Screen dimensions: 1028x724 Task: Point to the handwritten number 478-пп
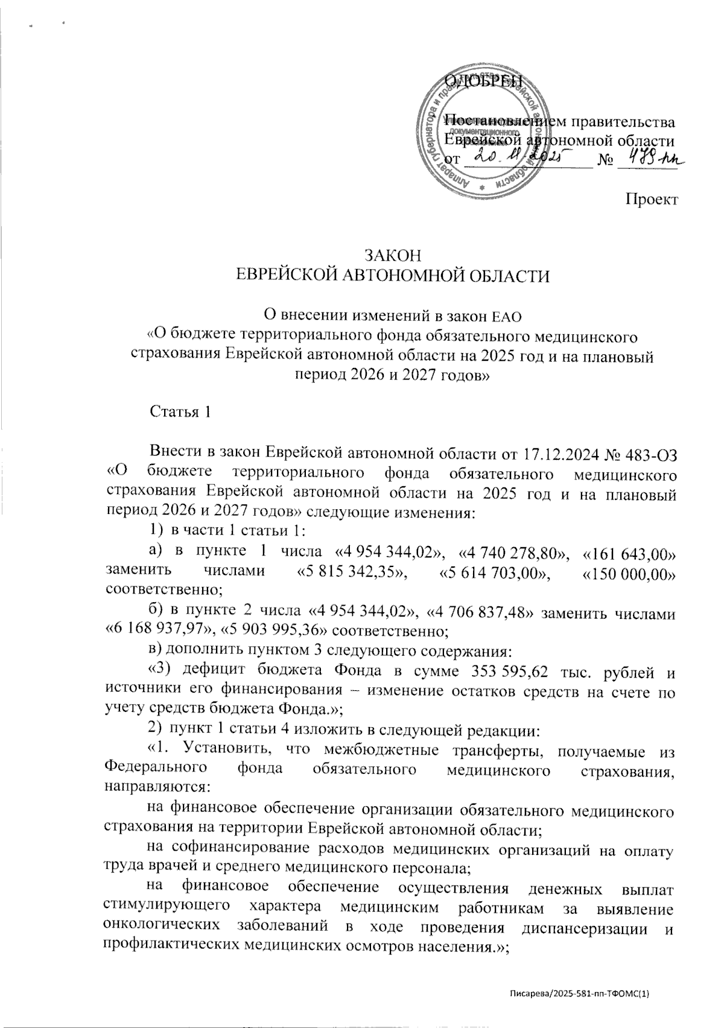[652, 158]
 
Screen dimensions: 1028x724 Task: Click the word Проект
[649, 198]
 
